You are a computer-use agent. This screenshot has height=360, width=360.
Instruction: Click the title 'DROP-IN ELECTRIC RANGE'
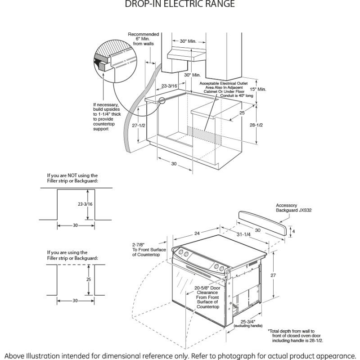point(180,4)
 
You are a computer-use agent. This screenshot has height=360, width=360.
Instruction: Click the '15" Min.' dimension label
point(259,89)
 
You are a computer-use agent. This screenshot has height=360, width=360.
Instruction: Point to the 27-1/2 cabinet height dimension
point(139,126)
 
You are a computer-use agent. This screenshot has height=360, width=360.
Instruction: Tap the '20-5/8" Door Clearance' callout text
point(207,297)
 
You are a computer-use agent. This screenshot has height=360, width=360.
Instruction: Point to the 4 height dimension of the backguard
point(293,231)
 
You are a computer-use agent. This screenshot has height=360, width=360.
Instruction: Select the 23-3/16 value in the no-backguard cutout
point(85,204)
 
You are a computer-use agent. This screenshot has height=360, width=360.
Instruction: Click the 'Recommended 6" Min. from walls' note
point(144,39)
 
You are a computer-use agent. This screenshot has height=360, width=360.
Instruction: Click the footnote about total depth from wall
point(302,335)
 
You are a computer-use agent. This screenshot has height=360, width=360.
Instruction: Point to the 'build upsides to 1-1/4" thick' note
point(106,117)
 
